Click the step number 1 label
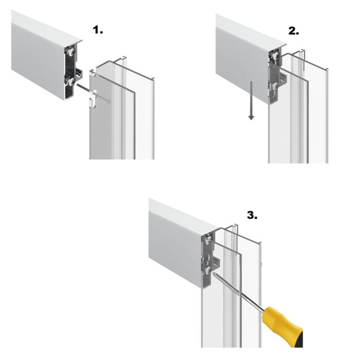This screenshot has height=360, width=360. tap(98, 30)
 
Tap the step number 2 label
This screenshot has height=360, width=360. tap(293, 31)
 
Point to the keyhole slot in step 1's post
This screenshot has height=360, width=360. tap(94, 98)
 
